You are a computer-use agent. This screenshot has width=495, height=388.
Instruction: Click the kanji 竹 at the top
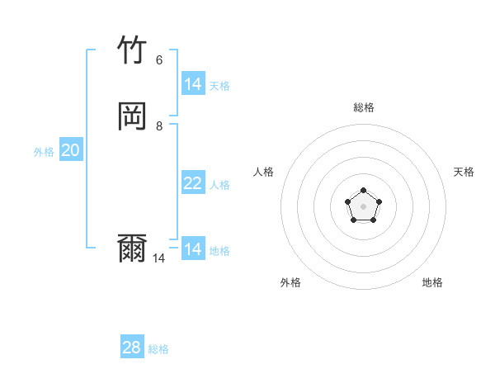(x=132, y=50)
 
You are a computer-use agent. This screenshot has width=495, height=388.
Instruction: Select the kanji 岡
(x=132, y=116)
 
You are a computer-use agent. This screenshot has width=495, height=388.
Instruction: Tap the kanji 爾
(x=132, y=248)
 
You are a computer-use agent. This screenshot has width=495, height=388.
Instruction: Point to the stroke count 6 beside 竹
(x=159, y=59)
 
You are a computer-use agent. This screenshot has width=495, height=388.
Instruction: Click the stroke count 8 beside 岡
(x=159, y=125)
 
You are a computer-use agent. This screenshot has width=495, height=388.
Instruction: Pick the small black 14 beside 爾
(x=159, y=258)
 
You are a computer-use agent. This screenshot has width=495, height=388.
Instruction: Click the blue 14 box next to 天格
(x=193, y=83)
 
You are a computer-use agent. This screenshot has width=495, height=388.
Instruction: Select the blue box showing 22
(x=193, y=183)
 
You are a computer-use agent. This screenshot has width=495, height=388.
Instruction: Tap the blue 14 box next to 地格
(x=193, y=248)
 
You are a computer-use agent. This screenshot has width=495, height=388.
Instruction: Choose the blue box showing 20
(x=71, y=150)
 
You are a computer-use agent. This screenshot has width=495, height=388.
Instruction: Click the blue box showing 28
(x=132, y=348)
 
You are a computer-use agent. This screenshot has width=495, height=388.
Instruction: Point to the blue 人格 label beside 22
(x=220, y=185)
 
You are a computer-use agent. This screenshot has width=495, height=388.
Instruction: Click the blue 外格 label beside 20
(x=44, y=152)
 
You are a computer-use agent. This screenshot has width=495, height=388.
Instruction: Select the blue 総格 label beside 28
(x=158, y=349)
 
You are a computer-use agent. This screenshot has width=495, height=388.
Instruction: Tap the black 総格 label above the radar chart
(x=364, y=107)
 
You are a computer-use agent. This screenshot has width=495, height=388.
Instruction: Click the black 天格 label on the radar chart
(x=464, y=172)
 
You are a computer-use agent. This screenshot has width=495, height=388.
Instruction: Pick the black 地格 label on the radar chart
(x=432, y=282)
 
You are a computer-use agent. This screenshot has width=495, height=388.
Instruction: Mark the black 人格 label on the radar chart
(x=264, y=172)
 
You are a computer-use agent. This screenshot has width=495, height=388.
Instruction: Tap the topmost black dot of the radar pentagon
(x=364, y=191)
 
